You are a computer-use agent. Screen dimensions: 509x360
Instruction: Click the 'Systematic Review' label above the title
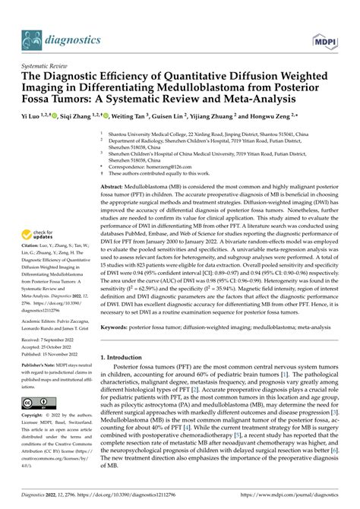point(40,66)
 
